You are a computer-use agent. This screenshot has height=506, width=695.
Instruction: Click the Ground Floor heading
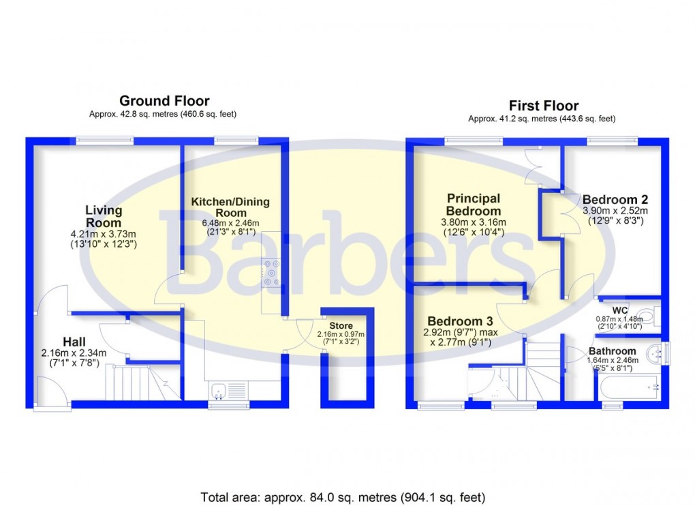point(164,102)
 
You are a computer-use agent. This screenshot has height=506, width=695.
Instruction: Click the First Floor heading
point(543,106)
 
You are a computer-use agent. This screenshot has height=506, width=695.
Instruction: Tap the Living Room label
point(104,216)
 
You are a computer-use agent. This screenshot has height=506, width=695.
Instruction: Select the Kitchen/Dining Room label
point(230,207)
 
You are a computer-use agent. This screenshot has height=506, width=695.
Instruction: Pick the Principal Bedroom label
point(474,205)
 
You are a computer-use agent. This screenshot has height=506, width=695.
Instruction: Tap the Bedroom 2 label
point(615,199)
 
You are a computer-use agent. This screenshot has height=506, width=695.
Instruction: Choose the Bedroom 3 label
point(460,321)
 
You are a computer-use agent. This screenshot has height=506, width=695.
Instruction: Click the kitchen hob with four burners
point(271,273)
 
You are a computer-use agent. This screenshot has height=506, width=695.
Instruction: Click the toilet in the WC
point(652,316)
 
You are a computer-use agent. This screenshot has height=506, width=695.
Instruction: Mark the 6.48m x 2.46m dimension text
point(230,223)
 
